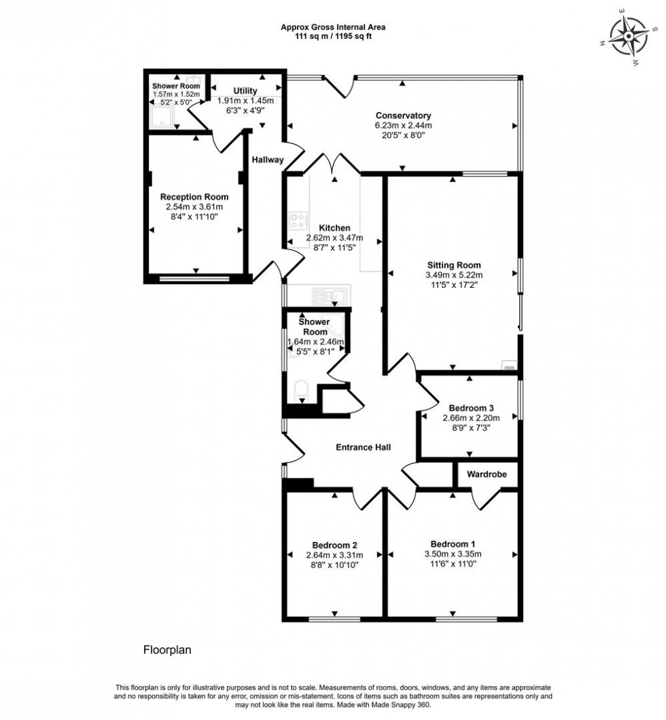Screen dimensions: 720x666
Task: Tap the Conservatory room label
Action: point(403,115)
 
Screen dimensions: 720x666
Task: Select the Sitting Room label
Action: point(454,265)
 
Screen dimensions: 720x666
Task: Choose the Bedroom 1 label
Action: point(453,544)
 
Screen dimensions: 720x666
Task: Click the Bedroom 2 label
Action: point(335,545)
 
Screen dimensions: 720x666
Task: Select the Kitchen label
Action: point(334,228)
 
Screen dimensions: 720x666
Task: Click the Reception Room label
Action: point(194,196)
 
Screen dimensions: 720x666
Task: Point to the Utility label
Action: point(245,90)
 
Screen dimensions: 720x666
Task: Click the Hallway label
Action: point(267,160)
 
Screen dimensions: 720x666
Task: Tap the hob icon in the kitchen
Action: point(298,221)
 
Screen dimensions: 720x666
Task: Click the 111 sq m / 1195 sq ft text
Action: point(333,37)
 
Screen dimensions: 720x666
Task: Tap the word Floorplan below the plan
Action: point(167,649)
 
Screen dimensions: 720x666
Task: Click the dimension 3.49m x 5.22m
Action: point(454,275)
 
